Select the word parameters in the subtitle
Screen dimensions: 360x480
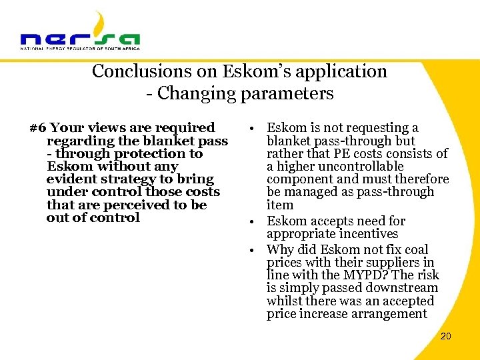[291, 93]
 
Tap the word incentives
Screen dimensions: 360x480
[365, 234]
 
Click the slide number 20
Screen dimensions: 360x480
[445, 336]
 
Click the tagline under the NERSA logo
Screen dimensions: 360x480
[80, 49]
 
